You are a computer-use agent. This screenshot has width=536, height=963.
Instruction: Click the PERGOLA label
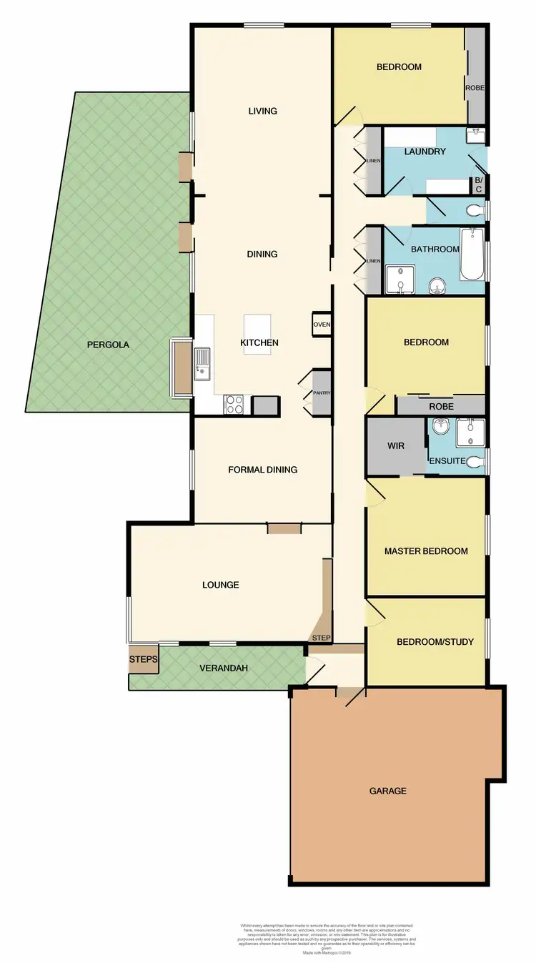[x=108, y=344]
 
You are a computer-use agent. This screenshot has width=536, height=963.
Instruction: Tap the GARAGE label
[x=387, y=791]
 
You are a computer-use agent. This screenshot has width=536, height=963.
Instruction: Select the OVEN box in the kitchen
[x=321, y=325]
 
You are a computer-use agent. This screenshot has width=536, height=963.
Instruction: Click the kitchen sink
[x=204, y=362]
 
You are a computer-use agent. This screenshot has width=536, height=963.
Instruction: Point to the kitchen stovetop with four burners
[x=234, y=405]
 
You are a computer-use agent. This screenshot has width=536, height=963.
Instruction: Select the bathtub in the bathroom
[x=472, y=255]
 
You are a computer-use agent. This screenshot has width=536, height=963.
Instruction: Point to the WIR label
[x=396, y=445]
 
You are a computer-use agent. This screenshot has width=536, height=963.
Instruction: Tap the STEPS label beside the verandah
[x=143, y=659]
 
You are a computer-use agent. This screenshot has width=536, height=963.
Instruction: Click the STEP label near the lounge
[x=319, y=637]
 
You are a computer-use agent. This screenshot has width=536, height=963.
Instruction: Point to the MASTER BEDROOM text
[x=426, y=551]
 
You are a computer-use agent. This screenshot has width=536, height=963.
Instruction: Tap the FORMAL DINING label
[x=262, y=470]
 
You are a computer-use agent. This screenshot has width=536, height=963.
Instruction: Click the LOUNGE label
[x=220, y=585]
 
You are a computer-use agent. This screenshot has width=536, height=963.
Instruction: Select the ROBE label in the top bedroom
[x=475, y=88]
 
